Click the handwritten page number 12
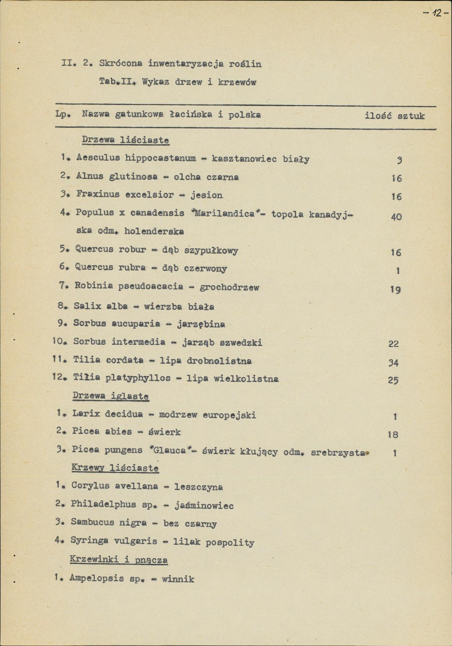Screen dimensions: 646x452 click(435, 12)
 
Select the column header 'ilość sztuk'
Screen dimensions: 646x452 click(394, 115)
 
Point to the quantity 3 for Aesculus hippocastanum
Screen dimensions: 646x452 click(399, 160)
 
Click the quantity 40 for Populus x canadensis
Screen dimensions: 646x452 click(395, 217)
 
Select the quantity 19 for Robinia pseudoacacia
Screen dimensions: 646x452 click(395, 290)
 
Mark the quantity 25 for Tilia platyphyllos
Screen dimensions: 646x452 click(393, 380)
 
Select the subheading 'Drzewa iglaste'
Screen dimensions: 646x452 click(110, 397)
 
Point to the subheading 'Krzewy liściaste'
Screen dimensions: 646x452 click(115, 468)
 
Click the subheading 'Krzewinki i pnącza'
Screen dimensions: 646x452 click(119, 560)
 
